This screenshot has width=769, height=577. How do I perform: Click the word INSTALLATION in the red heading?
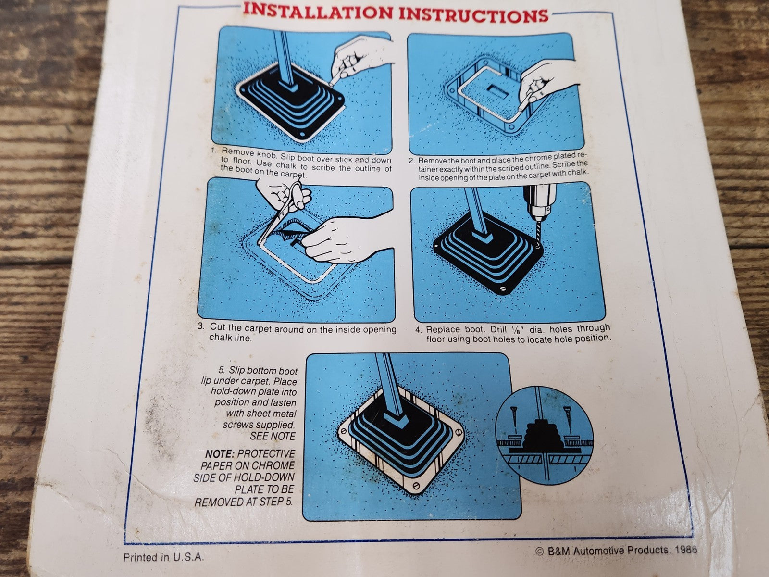coord(318,11)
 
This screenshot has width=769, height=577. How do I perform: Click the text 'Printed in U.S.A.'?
coord(163,557)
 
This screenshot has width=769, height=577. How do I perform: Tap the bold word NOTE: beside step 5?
coord(220,454)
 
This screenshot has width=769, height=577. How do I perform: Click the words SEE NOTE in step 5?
coord(273,437)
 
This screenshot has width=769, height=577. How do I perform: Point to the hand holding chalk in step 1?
coord(361,60)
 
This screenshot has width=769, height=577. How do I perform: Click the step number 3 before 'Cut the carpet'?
coord(201,326)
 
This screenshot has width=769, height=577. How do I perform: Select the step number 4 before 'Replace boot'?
coord(418,330)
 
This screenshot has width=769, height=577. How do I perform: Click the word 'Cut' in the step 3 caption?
coord(219,327)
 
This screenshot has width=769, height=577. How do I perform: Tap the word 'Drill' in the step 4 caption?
coord(499,330)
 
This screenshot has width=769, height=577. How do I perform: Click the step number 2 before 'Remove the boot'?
coord(411,162)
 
